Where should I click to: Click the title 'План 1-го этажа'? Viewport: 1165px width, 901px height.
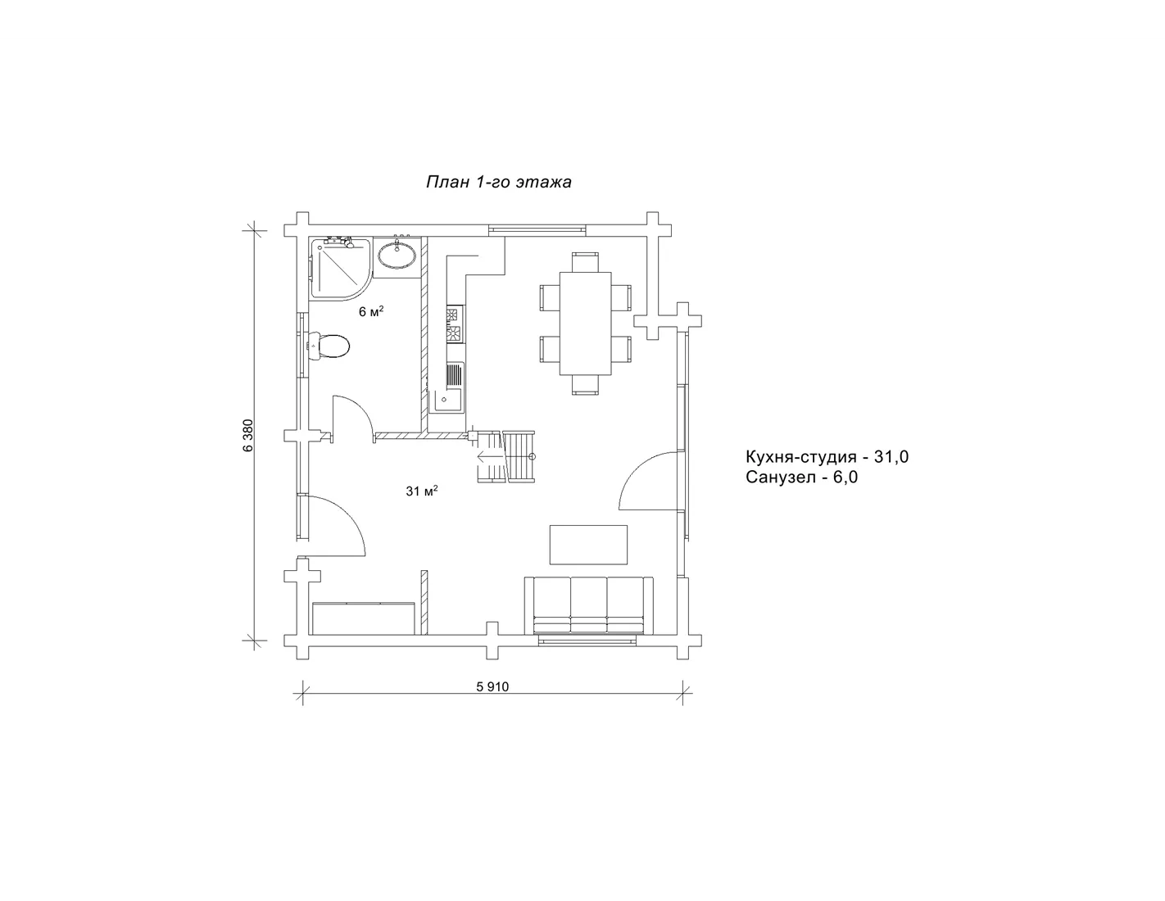(x=499, y=183)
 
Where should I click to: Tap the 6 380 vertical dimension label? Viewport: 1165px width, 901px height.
(x=247, y=436)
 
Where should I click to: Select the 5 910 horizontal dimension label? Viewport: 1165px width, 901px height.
(x=492, y=687)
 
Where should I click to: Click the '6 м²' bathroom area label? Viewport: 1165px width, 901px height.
(x=371, y=311)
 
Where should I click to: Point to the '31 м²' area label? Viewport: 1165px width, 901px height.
(x=422, y=491)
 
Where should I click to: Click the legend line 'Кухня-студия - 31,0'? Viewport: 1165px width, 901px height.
(x=827, y=457)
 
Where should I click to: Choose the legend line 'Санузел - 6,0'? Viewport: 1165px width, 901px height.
(x=801, y=477)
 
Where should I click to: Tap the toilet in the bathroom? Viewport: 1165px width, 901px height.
(x=328, y=346)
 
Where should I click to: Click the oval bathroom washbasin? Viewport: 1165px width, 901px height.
(x=397, y=255)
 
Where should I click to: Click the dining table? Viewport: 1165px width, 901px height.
(x=586, y=324)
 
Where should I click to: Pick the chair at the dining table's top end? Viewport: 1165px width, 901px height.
(x=586, y=262)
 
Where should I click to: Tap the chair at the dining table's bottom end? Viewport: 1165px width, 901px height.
(x=586, y=385)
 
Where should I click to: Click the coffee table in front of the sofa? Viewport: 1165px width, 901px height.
(x=589, y=545)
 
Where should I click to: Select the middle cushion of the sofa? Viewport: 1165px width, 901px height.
(x=589, y=604)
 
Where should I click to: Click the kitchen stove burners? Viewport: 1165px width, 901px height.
(x=455, y=324)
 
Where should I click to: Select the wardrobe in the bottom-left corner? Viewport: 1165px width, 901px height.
(x=365, y=618)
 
